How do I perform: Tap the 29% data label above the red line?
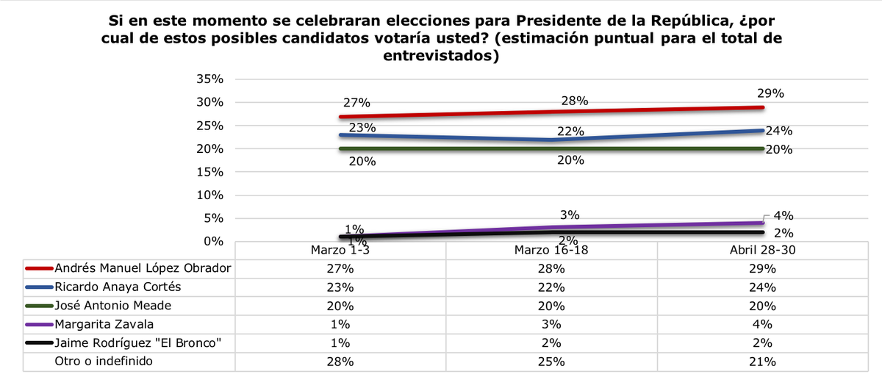tap(771, 93)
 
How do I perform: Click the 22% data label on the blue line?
tap(570, 132)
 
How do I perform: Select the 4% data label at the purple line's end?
tap(784, 216)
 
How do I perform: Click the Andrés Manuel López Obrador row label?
tap(144, 268)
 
